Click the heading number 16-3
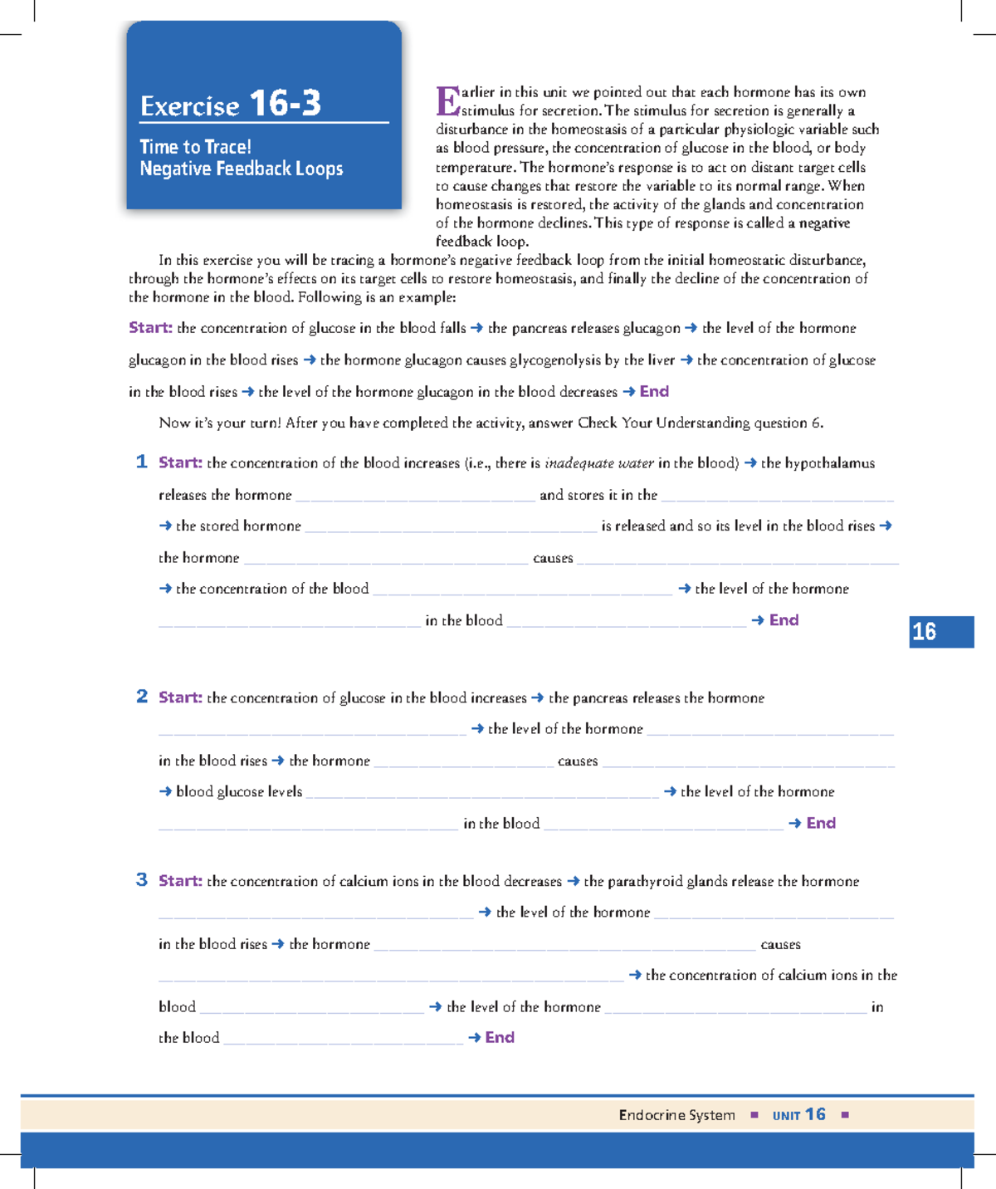tap(285, 104)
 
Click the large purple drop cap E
tap(447, 102)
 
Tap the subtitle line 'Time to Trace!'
tap(195, 147)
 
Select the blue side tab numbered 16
tap(940, 632)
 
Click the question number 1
tap(141, 462)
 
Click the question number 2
tap(142, 697)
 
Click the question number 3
tap(142, 880)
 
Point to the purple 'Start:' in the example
tap(150, 328)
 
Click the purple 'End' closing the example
tap(654, 391)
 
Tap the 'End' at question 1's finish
tap(784, 620)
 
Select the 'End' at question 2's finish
tap(821, 823)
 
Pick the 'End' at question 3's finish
tap(500, 1037)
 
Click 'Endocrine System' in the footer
tap(676, 1115)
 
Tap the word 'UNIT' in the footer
tap(786, 1116)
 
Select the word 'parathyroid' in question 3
tap(645, 882)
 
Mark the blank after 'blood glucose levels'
tap(482, 795)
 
